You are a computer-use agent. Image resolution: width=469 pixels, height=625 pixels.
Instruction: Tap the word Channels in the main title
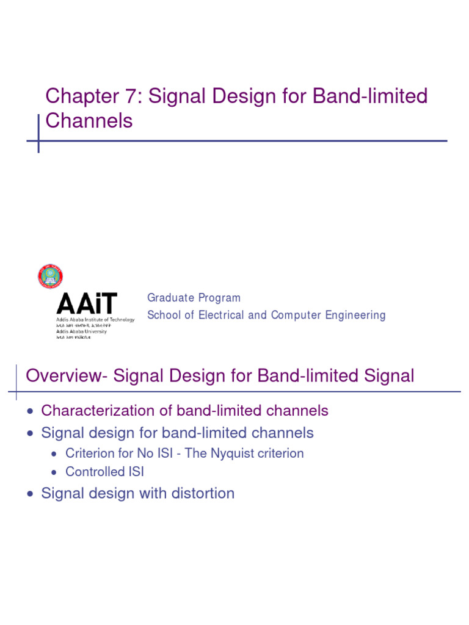click(89, 121)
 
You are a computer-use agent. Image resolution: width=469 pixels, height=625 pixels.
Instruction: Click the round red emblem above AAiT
click(50, 276)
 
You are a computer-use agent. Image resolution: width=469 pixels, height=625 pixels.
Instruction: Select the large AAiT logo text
click(86, 304)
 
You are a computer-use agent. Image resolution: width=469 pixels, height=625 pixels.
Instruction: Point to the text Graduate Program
click(194, 298)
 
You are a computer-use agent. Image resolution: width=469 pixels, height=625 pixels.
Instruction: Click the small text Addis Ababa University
click(81, 331)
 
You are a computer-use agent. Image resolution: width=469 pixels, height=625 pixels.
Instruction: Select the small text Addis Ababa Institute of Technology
click(95, 320)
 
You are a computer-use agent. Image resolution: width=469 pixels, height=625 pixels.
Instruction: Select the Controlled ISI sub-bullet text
click(104, 472)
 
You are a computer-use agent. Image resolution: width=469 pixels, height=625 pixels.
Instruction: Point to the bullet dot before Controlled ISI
click(55, 472)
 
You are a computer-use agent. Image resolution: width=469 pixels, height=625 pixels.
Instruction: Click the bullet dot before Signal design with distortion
click(31, 494)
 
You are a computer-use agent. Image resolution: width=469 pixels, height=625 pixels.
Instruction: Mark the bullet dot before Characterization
click(31, 411)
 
